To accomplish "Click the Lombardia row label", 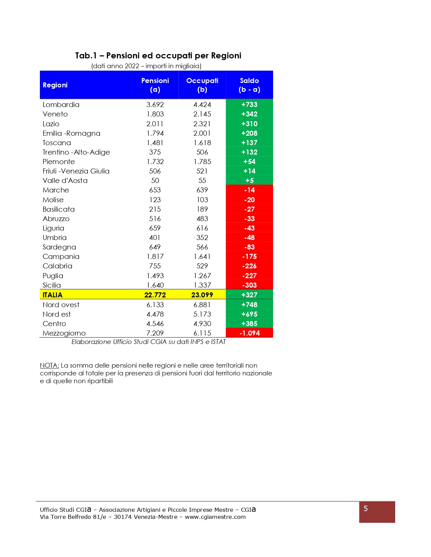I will click(x=61, y=105).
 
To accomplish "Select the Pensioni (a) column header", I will click(x=155, y=85).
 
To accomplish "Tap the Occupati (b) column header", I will click(x=202, y=85).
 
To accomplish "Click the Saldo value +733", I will click(x=249, y=105).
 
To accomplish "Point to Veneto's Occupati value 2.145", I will click(x=202, y=114).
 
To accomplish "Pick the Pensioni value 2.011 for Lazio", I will click(x=155, y=124).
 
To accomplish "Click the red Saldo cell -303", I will click(x=249, y=285).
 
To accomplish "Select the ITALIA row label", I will click(x=52, y=295).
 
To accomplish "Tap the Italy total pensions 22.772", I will click(x=155, y=295).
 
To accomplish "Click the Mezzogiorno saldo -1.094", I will click(x=249, y=333).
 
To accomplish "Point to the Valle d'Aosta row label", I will click(x=65, y=181).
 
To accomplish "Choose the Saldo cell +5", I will click(x=249, y=181).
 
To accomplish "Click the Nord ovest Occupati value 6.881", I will click(x=202, y=305).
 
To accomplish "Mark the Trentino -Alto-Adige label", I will click(x=76, y=152).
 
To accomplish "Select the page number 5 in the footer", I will click(x=365, y=509).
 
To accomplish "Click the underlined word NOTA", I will click(x=49, y=366).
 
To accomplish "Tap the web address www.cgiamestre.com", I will click(x=215, y=517).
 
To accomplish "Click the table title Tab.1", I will click(x=86, y=56).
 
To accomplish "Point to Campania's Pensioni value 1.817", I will click(x=155, y=257).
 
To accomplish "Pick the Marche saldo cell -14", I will click(x=249, y=190).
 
